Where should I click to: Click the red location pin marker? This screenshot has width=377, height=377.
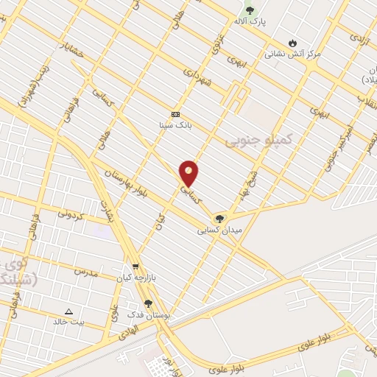coord(189,172)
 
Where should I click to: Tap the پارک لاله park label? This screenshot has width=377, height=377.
coord(250,22)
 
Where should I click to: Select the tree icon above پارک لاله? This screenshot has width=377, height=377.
coord(250,10)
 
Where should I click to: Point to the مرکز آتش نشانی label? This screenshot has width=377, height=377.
coord(292,54)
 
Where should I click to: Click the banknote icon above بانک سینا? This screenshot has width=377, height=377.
coord(175,114)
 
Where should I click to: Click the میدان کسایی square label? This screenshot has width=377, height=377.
coord(219,230)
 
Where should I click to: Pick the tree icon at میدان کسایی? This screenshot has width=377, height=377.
coord(219,219)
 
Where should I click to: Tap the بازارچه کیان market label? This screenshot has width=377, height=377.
coord(135,278)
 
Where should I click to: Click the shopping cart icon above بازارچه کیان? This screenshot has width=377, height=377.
coord(135,267)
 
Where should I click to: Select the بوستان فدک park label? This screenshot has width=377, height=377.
coord(149,314)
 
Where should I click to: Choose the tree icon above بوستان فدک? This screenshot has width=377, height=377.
coord(149,303)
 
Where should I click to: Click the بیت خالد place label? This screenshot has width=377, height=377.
coord(68,323)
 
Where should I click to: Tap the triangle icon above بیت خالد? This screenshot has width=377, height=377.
coord(69,311)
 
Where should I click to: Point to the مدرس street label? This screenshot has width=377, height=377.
coord(85,272)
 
